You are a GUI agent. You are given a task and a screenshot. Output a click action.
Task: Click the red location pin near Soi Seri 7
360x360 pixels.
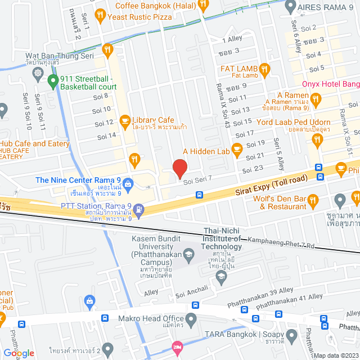tap(179, 169)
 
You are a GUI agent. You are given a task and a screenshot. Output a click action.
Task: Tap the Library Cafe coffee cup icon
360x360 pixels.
tap(125, 120)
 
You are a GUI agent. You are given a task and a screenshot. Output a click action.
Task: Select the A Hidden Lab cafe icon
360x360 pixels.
tap(237, 149)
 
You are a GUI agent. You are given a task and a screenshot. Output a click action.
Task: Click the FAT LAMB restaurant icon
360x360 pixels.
tap(265, 69)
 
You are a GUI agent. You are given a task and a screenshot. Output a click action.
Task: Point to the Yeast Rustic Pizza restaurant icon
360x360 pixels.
tap(101, 15)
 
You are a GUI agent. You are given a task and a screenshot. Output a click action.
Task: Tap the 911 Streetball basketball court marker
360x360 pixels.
tap(53, 82)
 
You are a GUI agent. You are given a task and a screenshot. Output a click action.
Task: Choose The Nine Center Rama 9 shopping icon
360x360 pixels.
tap(129, 183)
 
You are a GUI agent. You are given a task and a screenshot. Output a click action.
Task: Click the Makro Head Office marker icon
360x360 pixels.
tap(191, 320)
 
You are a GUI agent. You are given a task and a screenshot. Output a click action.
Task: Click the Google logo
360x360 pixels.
tap(19, 353)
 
